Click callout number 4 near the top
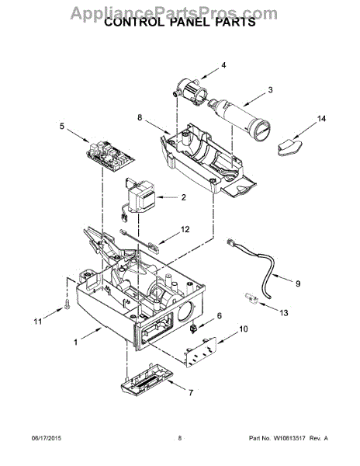[223, 65]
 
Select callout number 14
[321, 119]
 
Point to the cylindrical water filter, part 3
[240, 120]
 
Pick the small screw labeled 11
[67, 304]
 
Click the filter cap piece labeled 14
[290, 147]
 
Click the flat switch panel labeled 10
[201, 352]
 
